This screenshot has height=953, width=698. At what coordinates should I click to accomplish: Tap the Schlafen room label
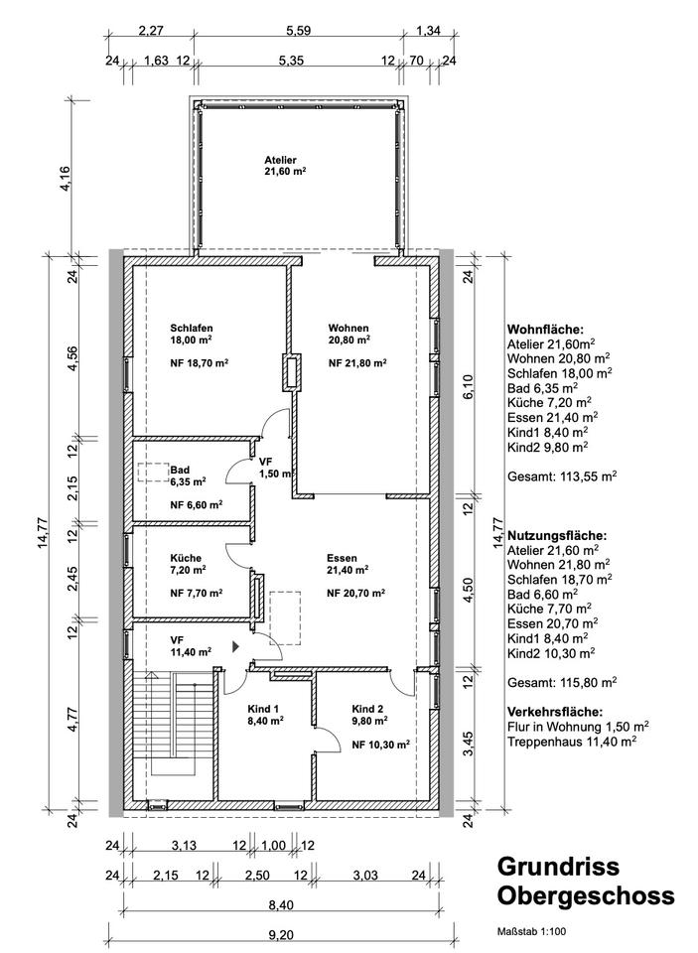pos(192,328)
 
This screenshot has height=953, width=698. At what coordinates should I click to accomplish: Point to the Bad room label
pos(180,471)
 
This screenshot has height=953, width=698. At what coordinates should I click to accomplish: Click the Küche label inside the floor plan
pos(186,558)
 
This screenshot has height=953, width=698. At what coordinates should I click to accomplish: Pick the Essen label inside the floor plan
pos(343,558)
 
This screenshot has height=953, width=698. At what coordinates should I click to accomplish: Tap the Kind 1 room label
pos(264,709)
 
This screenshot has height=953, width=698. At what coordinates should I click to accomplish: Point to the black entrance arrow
pos(235,645)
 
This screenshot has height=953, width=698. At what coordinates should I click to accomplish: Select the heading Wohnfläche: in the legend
pos(546,330)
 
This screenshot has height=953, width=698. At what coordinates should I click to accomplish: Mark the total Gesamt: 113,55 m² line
pos(562,476)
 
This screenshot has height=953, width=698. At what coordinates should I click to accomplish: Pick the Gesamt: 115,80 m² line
pos(562,682)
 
